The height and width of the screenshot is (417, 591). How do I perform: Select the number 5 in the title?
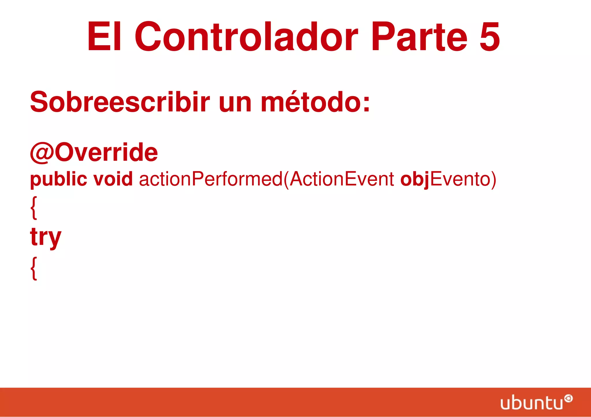489,37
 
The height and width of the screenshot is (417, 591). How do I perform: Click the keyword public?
59,179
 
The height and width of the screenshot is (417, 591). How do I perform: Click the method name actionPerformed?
211,179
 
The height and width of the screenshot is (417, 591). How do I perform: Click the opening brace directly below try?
34,268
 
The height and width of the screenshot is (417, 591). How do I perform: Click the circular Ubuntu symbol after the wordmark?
568,399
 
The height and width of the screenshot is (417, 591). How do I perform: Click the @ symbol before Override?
42,153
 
